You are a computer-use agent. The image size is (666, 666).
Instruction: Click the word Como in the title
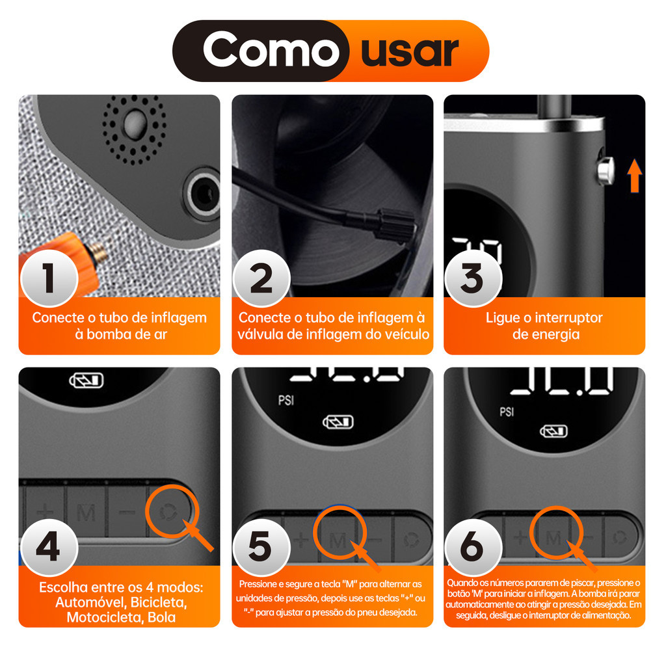pos(271,50)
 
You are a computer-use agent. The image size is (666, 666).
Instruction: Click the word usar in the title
pos(410,53)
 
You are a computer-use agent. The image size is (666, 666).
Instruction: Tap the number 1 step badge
pos(49,278)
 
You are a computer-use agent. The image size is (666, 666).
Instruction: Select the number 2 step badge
pos(261,278)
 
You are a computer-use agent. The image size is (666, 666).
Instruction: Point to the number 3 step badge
pos(473,278)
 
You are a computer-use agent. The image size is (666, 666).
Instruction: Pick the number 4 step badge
pos(49,548)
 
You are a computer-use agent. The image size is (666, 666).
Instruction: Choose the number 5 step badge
pos(261,548)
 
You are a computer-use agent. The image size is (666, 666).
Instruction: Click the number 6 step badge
pos(473,548)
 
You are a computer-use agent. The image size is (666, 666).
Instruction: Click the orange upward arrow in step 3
pos(635,176)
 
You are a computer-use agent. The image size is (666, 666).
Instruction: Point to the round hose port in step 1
pos(202,194)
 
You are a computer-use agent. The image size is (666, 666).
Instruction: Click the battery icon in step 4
pos(87,380)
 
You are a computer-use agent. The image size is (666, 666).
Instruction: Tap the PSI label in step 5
pos(286,400)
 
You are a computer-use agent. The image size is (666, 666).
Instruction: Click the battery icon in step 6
pos(553,432)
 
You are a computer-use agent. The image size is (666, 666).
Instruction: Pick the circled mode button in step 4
pos(169,513)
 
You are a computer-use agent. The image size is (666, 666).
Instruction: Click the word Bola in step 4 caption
pos(162,617)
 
